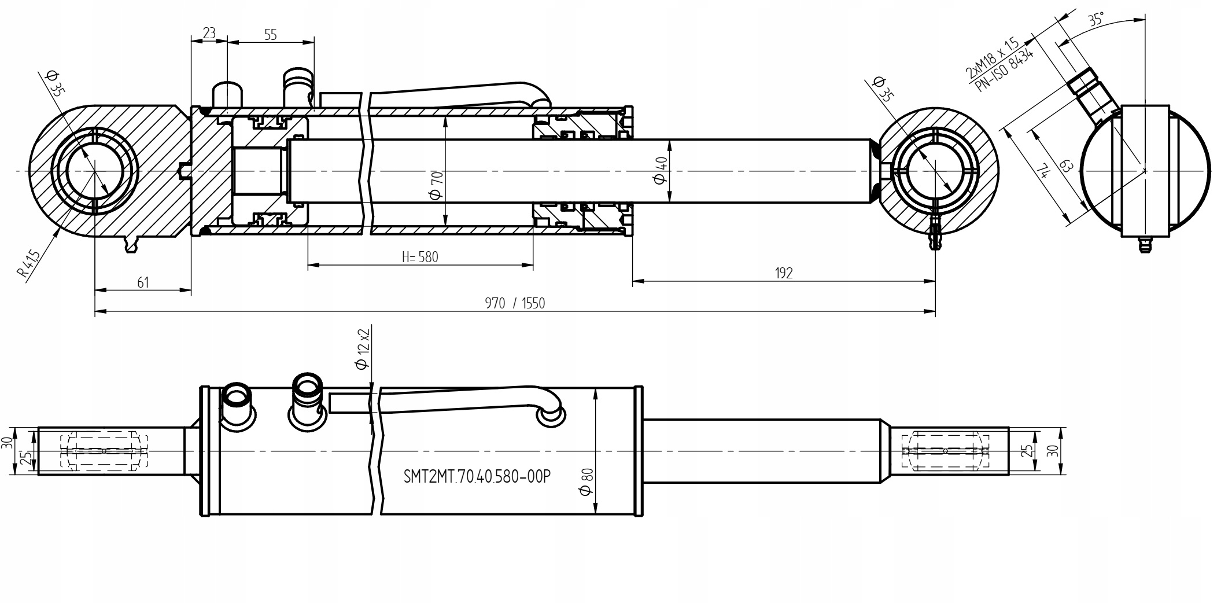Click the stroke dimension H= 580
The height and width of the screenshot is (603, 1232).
click(x=420, y=257)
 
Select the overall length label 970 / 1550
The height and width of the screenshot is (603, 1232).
click(x=515, y=303)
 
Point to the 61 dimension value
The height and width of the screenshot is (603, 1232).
click(x=143, y=282)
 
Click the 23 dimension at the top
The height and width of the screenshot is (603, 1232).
click(x=209, y=33)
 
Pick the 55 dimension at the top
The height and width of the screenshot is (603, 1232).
click(x=270, y=35)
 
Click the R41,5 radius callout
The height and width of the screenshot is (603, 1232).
click(x=28, y=264)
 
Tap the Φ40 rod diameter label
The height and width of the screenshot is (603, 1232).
click(x=661, y=171)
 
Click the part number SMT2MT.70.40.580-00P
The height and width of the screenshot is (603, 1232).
click(x=477, y=477)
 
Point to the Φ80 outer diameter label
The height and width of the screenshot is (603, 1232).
click(x=585, y=481)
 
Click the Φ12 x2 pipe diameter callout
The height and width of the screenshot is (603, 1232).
click(x=363, y=349)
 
